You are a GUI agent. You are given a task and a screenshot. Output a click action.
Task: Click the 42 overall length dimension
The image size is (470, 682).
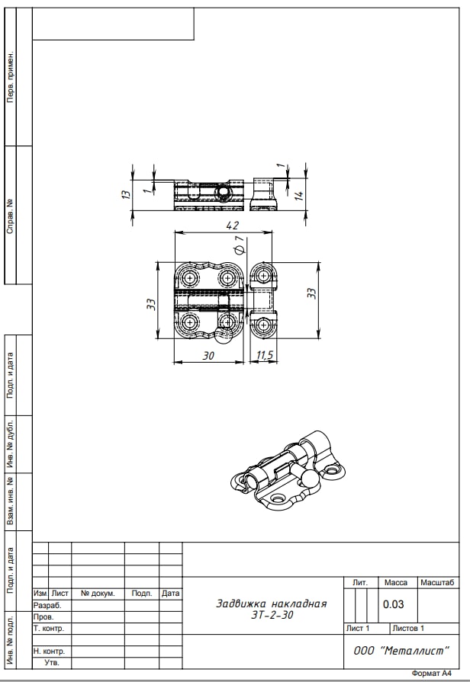pos(233,226)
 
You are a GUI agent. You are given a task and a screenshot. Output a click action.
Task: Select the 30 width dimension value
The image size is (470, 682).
pos(208,356)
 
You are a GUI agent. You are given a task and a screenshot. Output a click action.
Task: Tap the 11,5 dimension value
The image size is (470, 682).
pos(265,355)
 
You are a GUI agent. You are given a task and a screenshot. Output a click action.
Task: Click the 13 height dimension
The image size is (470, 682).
pos(126,194)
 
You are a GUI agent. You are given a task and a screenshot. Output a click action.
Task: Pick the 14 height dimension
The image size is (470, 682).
pos(299,195)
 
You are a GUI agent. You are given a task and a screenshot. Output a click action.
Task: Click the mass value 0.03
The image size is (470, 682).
pos(394,604)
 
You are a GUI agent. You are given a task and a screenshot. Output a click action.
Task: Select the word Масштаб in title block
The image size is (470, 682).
pos(437,582)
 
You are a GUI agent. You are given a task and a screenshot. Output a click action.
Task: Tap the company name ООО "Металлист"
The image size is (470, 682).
pos(401,651)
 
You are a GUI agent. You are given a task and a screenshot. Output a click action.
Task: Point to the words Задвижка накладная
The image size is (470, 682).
pos(272,604)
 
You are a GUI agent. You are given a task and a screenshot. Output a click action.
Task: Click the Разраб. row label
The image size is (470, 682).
pos(47,606)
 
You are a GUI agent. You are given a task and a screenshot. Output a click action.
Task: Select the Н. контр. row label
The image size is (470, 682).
pos(49,651)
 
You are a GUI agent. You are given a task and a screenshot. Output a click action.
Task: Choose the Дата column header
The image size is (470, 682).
pos(170,594)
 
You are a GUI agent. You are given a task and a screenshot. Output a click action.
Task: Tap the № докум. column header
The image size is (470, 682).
pos(98,594)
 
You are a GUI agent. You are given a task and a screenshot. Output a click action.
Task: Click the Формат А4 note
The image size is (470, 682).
pos(432,674)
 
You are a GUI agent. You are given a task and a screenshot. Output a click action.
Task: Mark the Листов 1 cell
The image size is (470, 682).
pos(408,628)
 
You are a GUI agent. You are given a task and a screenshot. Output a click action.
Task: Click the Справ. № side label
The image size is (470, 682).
pos(10,216)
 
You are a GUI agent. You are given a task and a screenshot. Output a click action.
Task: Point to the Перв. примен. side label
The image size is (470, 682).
pos(10,77)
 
